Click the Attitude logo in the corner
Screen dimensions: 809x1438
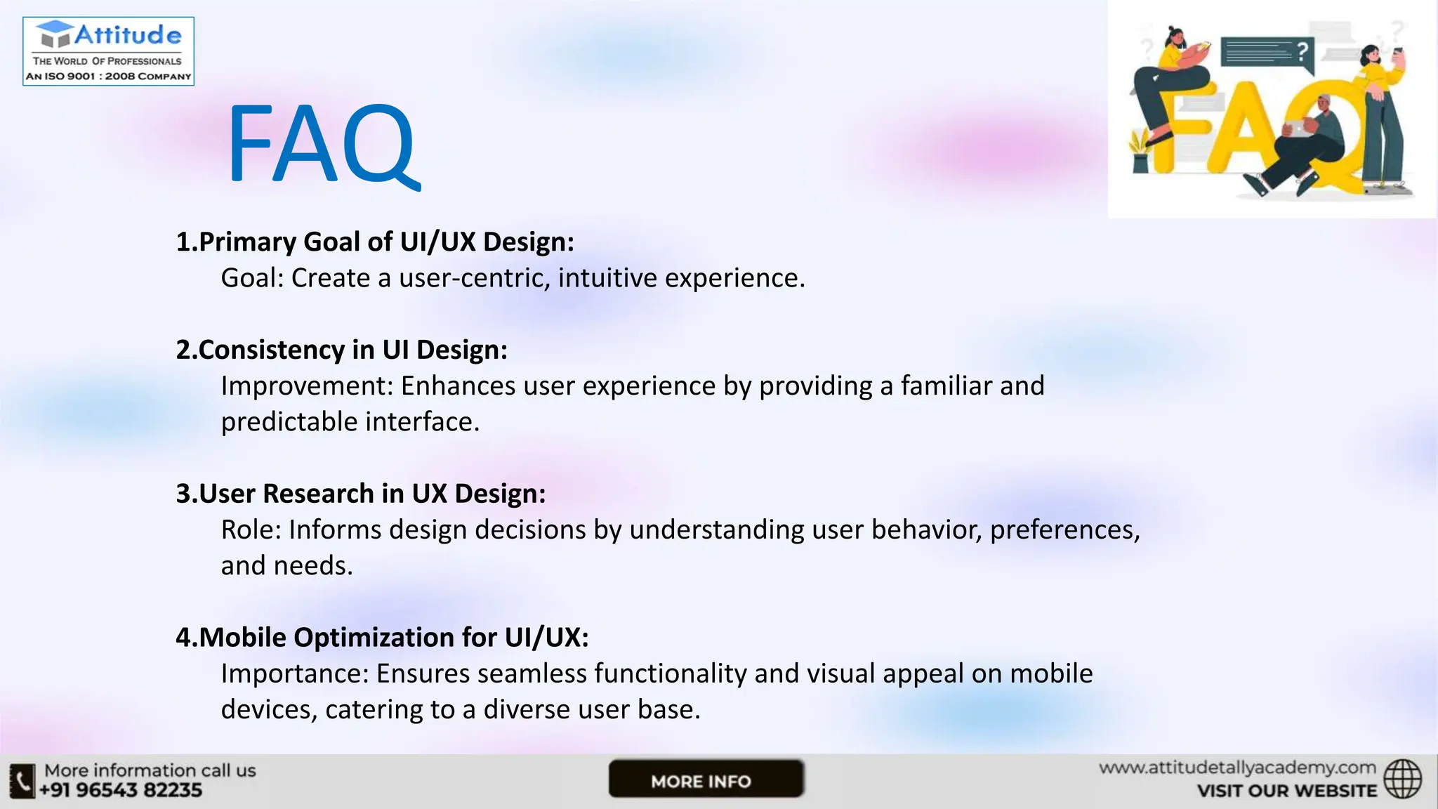[108, 51]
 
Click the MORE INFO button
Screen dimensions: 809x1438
[705, 780]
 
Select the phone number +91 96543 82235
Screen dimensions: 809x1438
[121, 791]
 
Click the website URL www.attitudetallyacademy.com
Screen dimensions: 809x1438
[1236, 768]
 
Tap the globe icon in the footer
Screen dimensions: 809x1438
[1402, 779]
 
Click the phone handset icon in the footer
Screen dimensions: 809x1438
[22, 781]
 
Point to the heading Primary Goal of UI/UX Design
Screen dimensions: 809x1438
[375, 242]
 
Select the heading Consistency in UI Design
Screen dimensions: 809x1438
[341, 350]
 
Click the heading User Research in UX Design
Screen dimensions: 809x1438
[361, 494]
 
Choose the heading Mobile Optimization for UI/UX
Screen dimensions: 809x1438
[382, 638]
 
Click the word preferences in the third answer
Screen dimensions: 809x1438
[1064, 530]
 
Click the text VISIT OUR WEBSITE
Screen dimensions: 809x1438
[1286, 791]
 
